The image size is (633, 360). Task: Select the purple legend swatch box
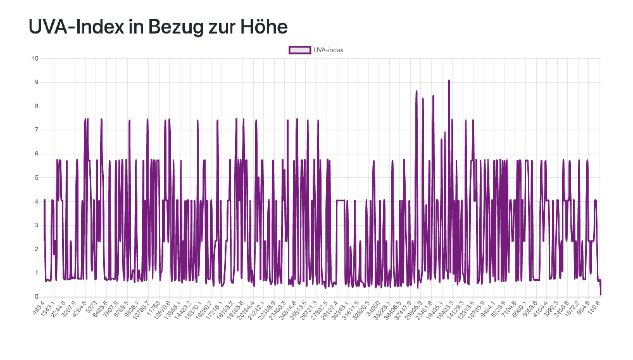coord(300,50)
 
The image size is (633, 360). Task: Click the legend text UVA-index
coord(329,50)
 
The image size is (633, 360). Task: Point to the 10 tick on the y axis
coord(35,59)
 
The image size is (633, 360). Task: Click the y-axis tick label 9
coord(37,82)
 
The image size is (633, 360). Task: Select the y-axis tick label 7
coord(37,130)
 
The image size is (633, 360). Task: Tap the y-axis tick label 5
coord(37,178)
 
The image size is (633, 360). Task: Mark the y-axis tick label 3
coord(37,225)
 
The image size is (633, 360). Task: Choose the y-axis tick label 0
coord(37,297)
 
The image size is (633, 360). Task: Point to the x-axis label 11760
coord(153,308)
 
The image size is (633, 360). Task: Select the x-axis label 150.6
coord(594,308)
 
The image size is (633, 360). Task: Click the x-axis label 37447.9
coord(402,310)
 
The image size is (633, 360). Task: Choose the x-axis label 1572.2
coord(572,309)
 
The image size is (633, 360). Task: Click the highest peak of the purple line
coord(449,80)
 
